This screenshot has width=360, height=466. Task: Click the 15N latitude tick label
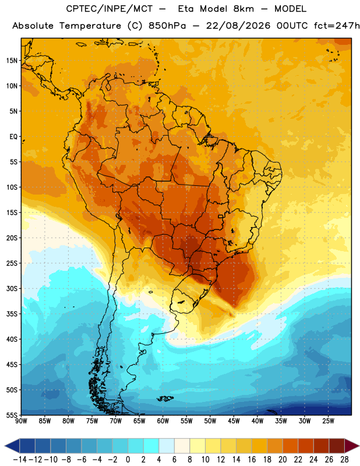[x=12, y=61]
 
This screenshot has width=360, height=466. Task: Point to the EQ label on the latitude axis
[x=13, y=137]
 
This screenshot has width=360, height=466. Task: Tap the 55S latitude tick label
[x=12, y=415]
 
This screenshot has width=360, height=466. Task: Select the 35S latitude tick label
[x=12, y=314]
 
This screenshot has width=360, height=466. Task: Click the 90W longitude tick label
[x=22, y=421]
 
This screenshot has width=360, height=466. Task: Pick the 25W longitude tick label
[x=328, y=421]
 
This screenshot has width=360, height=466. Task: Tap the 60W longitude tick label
[x=163, y=421]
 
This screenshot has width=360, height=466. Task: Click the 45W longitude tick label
[x=234, y=421]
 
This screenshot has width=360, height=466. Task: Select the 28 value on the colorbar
[x=344, y=460]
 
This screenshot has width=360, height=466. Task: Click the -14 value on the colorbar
[x=20, y=460]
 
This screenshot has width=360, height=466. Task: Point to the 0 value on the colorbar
[x=128, y=460]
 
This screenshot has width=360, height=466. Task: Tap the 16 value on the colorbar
[x=252, y=460]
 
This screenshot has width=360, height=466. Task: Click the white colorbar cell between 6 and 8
[x=182, y=446]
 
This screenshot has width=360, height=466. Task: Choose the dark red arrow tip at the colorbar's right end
[x=352, y=446]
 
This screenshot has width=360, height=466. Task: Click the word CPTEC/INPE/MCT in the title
[x=110, y=9]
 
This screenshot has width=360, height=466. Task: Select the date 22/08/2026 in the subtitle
[x=238, y=26]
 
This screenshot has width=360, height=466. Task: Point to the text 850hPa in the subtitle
[x=167, y=26]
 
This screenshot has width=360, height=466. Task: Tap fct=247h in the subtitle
[x=337, y=26]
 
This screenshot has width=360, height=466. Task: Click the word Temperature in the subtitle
[x=90, y=26]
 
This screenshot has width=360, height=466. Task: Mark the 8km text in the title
[x=243, y=9]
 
